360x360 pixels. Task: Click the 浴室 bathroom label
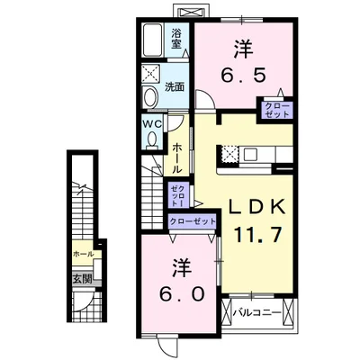point(176,38)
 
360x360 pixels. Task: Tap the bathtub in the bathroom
point(153,40)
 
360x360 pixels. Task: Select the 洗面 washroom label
point(174,87)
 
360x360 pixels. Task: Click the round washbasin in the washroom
point(150,96)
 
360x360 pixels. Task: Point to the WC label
point(152,123)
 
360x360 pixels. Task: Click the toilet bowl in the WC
point(153,140)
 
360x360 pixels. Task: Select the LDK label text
point(256,207)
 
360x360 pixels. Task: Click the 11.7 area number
point(257,235)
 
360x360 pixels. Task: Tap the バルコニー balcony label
point(257,313)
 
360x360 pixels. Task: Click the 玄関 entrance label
point(82,279)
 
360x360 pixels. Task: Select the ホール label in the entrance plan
point(83,255)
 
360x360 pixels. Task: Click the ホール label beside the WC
point(176,157)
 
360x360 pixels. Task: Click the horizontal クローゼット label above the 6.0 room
point(193,221)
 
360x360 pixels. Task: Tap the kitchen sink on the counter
point(249,155)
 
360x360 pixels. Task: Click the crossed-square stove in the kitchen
point(229,154)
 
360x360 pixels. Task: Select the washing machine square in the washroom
point(151,73)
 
